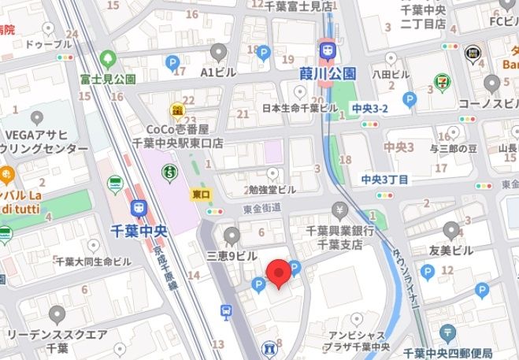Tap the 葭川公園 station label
coord(328,73)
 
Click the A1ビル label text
coord(218,72)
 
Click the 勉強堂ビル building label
coord(272,190)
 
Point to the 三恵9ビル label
coord(232,256)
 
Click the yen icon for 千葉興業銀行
coord(339,210)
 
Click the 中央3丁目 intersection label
coord(385,179)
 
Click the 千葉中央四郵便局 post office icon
coord(448,333)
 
